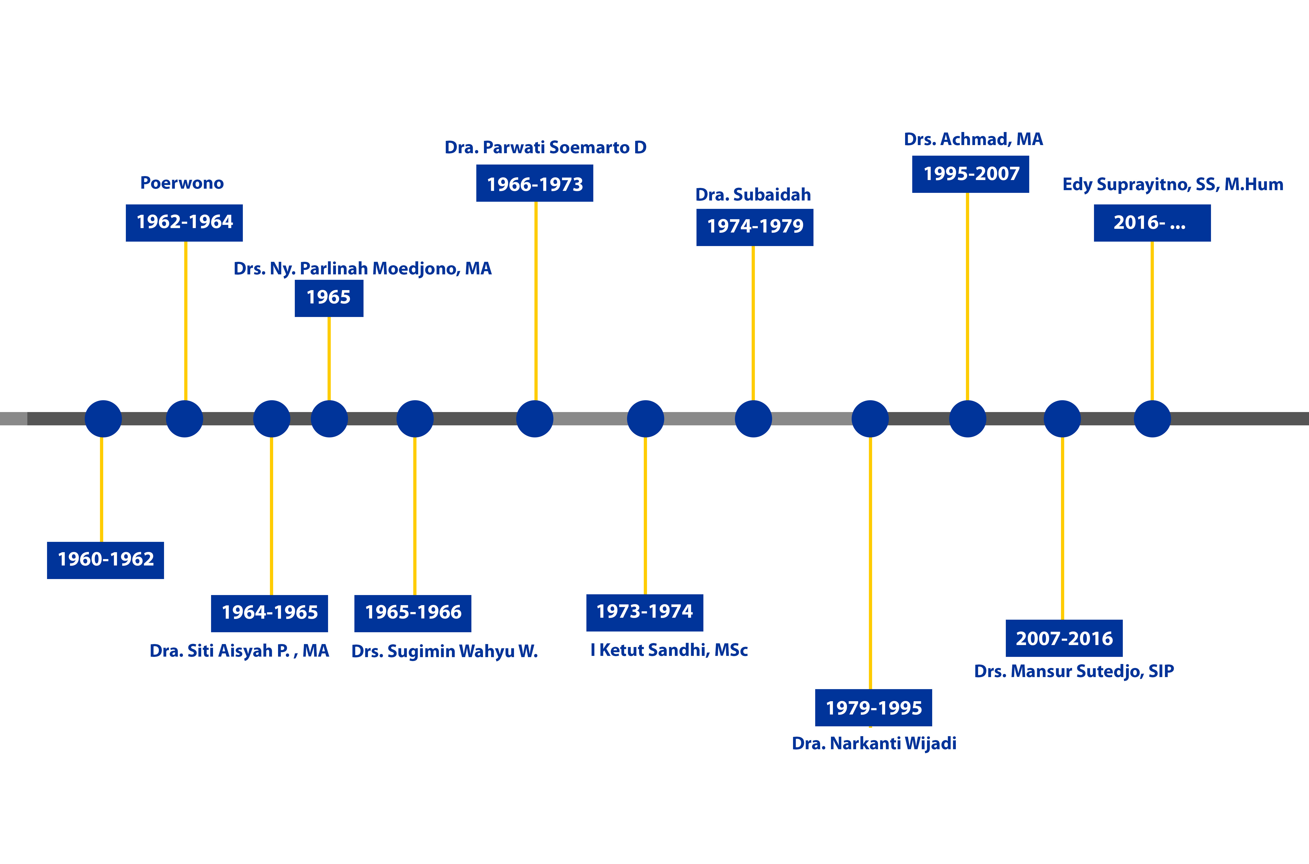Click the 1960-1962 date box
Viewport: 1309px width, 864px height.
tap(105, 560)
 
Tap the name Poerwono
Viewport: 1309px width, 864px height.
tap(182, 183)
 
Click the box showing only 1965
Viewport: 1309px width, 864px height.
tap(329, 298)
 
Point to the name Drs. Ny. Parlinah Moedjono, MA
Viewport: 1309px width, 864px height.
tap(363, 268)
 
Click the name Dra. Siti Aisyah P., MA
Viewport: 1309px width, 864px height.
tap(239, 651)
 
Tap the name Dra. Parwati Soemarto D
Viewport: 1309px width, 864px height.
tap(546, 148)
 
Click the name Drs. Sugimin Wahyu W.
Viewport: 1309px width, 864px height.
tap(444, 651)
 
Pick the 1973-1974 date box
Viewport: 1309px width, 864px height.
tap(645, 612)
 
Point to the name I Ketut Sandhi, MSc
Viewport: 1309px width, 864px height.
tap(669, 650)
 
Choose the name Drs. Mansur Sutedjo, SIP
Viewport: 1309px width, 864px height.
tap(1074, 671)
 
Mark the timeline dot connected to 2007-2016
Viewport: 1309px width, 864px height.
tap(1062, 419)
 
